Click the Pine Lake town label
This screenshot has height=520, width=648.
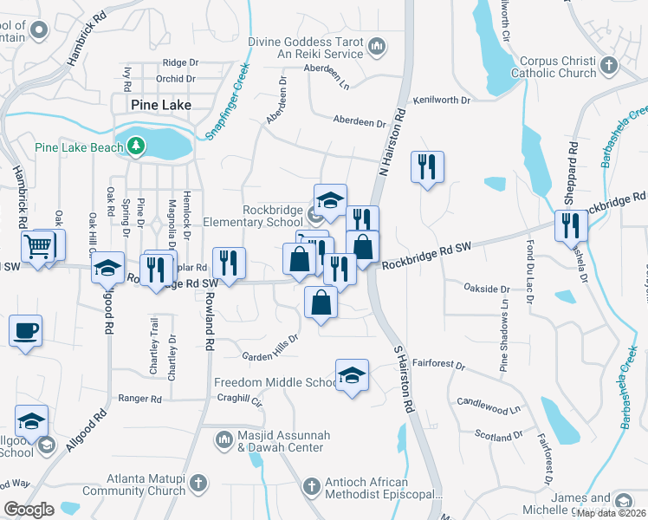pyautogui.click(x=160, y=105)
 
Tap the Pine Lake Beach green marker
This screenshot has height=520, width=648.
pyautogui.click(x=135, y=147)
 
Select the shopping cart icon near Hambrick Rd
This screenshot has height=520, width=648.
pyautogui.click(x=37, y=248)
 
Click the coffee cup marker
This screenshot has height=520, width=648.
pyautogui.click(x=25, y=331)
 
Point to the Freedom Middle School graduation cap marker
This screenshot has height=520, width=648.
pyautogui.click(x=352, y=375)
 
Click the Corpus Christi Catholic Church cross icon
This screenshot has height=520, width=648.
pyautogui.click(x=609, y=65)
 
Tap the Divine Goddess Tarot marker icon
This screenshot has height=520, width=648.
pyautogui.click(x=376, y=45)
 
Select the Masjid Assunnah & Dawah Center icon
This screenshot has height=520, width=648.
pyautogui.click(x=224, y=439)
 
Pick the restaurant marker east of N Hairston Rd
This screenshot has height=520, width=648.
pyautogui.click(x=426, y=166)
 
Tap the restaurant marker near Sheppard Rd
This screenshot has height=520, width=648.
pyautogui.click(x=572, y=225)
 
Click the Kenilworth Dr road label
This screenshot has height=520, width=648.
pyautogui.click(x=442, y=101)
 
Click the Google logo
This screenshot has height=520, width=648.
pyautogui.click(x=29, y=510)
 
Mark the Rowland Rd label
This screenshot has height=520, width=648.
pyautogui.click(x=210, y=320)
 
